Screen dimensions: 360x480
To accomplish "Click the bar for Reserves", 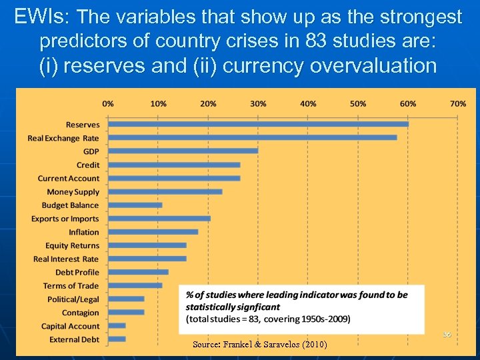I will (258, 124).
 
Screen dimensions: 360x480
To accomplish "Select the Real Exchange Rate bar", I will (252, 137).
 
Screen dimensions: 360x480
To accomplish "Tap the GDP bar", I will (183, 151).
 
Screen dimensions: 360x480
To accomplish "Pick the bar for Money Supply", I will (165, 191).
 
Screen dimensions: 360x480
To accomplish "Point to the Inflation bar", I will (153, 232).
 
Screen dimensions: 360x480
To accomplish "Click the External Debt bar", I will (117, 339).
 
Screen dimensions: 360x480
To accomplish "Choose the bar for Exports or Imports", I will (159, 219).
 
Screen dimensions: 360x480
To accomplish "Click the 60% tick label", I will (408, 104).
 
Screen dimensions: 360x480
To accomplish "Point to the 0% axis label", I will (108, 104).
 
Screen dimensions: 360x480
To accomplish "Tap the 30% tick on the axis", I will (258, 104).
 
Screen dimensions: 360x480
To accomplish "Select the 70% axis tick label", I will (458, 104).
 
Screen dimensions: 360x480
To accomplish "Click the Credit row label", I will (87, 165).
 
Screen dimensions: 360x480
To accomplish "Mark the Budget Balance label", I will (70, 205).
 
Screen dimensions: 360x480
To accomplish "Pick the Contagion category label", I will (80, 313).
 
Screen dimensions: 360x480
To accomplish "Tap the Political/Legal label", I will (73, 299).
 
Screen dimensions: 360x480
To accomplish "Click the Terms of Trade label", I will (71, 286).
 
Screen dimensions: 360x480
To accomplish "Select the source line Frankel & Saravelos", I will (259, 345).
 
